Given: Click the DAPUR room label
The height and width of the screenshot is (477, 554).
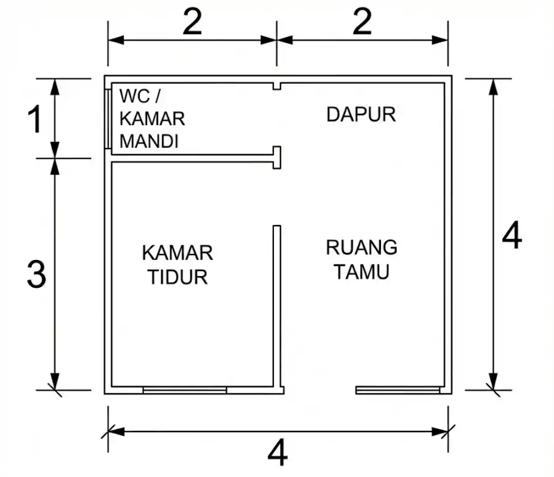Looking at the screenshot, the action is [x=361, y=115].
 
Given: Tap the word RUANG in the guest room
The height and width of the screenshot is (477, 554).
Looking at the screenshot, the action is [x=361, y=248].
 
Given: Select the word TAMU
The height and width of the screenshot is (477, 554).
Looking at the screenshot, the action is [x=361, y=272].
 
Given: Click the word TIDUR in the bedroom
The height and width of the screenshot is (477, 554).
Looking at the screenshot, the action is [x=178, y=277].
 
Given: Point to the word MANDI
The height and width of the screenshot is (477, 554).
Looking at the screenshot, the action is [x=149, y=142].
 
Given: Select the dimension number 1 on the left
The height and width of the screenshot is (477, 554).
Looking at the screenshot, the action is [x=36, y=120].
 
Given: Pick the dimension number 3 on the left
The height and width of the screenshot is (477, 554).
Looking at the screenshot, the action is [x=36, y=275].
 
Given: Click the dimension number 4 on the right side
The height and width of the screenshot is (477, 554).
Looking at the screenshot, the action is [x=512, y=236].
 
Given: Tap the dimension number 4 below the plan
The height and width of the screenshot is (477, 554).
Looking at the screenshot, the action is [x=278, y=455].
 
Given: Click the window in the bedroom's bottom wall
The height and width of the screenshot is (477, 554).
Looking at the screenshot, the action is [x=185, y=390].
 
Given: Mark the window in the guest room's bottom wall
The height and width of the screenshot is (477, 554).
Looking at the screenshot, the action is [x=398, y=390].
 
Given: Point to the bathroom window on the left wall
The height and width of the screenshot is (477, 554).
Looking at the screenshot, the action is [x=108, y=119].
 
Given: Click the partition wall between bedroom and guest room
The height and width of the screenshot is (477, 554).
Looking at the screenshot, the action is [x=277, y=308].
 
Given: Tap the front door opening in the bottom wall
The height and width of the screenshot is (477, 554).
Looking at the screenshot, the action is [x=320, y=390].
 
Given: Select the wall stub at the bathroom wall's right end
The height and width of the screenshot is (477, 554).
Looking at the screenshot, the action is [x=277, y=157].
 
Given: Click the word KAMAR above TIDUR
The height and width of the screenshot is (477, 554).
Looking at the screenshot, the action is [x=177, y=253].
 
